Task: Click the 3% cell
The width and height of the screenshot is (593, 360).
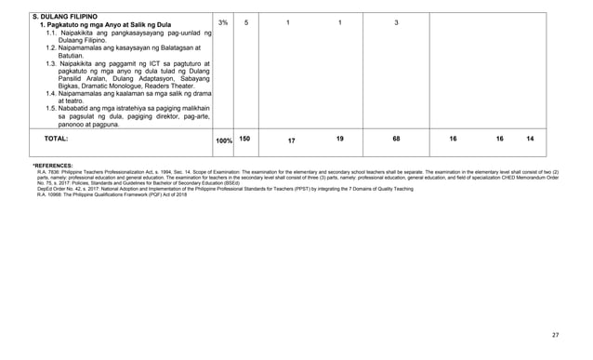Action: (223, 22)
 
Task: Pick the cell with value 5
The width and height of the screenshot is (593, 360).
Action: (246, 22)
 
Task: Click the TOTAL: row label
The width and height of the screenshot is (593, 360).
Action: (49, 138)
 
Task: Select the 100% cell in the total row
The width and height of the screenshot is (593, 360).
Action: (224, 140)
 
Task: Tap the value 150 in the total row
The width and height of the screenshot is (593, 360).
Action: (245, 138)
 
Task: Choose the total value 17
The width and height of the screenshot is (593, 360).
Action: (291, 140)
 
